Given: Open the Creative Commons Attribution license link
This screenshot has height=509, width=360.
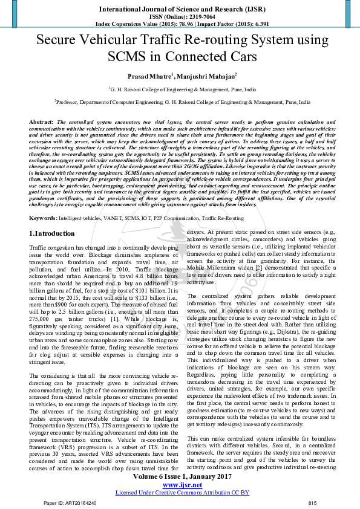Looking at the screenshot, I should click(x=180, y=492).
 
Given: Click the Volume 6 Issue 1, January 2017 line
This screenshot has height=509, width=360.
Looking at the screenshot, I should click(x=180, y=477).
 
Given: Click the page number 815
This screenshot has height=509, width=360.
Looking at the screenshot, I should click(x=312, y=503).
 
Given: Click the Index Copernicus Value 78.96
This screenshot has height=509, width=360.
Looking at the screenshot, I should click(x=180, y=24).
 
